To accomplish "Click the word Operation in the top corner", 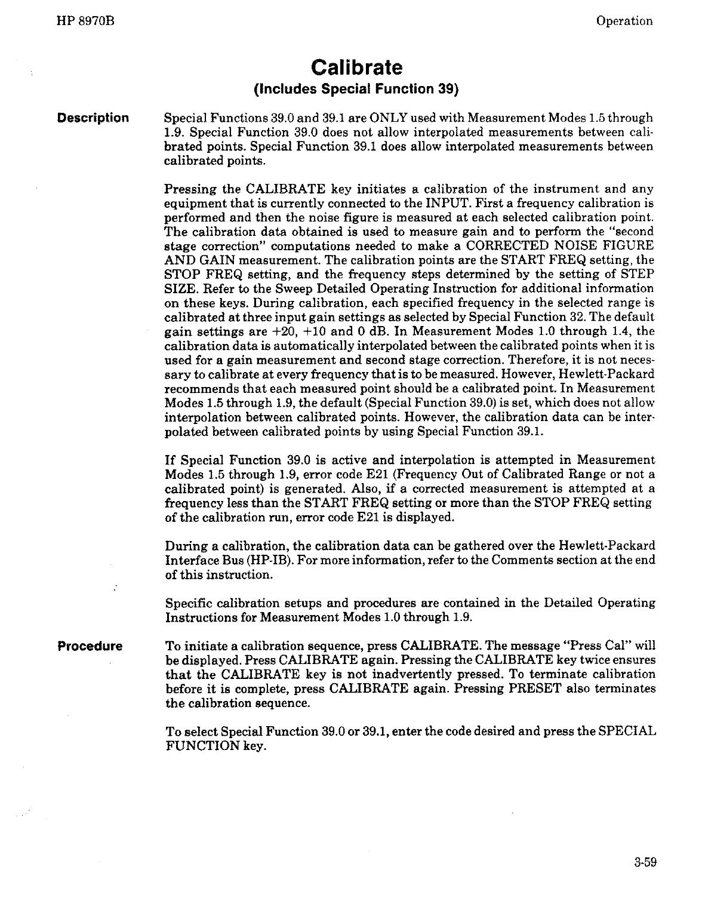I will pyautogui.click(x=624, y=21).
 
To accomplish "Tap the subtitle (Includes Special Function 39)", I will pyautogui.click(x=356, y=90).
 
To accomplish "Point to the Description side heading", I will pyautogui.click(x=93, y=118).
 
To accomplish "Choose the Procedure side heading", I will pyautogui.click(x=90, y=646).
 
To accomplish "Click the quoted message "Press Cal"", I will pyautogui.click(x=593, y=646).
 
